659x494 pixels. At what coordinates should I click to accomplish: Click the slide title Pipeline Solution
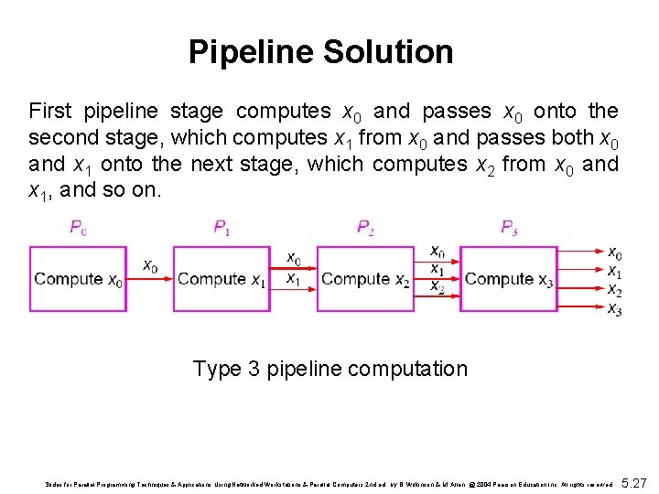click(320, 51)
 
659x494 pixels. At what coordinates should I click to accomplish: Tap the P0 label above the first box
click(79, 228)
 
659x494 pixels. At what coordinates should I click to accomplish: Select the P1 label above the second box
click(221, 228)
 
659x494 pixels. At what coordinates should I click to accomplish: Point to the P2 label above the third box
click(365, 228)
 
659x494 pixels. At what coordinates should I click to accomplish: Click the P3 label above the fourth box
click(509, 228)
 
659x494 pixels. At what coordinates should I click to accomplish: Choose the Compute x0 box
click(78, 279)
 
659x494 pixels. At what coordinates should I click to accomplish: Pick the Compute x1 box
click(221, 279)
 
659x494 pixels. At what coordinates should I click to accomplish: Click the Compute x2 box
click(365, 279)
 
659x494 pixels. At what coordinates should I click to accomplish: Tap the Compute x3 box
click(509, 279)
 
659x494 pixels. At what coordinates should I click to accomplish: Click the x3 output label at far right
click(615, 309)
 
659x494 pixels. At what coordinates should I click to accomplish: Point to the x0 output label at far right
click(615, 253)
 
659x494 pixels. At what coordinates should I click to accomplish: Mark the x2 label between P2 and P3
click(438, 286)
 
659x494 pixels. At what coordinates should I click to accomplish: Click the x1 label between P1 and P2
click(293, 278)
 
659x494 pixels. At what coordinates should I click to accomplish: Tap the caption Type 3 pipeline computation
click(329, 369)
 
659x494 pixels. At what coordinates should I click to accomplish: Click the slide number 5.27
click(634, 481)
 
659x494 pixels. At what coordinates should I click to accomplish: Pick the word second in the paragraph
click(59, 138)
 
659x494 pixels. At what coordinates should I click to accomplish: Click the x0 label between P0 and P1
click(150, 266)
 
